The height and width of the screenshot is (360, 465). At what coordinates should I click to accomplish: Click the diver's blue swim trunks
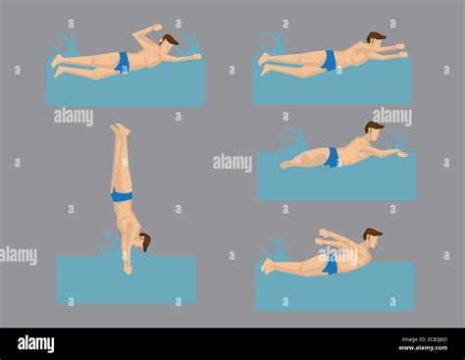click(x=122, y=196)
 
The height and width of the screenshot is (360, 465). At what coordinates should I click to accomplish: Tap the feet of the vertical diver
click(x=119, y=129)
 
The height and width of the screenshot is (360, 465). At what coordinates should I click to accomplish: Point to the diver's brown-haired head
click(x=145, y=240)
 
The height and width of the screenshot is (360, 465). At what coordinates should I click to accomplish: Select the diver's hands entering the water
click(x=128, y=268)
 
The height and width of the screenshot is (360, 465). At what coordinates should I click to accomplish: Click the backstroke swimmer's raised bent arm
click(x=148, y=33)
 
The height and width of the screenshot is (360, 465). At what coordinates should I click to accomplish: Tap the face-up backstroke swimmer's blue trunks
click(x=123, y=63)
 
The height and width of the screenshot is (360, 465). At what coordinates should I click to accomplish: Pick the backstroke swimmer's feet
click(x=57, y=65)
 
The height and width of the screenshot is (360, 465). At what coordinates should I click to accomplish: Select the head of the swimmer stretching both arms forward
click(x=376, y=39)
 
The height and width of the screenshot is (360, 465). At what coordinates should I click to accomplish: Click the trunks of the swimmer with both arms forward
click(x=330, y=61)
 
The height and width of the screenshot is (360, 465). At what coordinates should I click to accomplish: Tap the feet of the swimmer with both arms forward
click(x=264, y=63)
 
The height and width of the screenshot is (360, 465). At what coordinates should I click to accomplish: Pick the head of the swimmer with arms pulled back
click(x=372, y=236)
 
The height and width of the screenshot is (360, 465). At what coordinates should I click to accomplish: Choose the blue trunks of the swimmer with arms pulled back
click(x=331, y=263)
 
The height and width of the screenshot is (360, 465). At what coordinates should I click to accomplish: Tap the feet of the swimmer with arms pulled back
click(x=266, y=265)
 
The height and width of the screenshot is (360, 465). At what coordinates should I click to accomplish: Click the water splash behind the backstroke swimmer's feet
click(x=67, y=44)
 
